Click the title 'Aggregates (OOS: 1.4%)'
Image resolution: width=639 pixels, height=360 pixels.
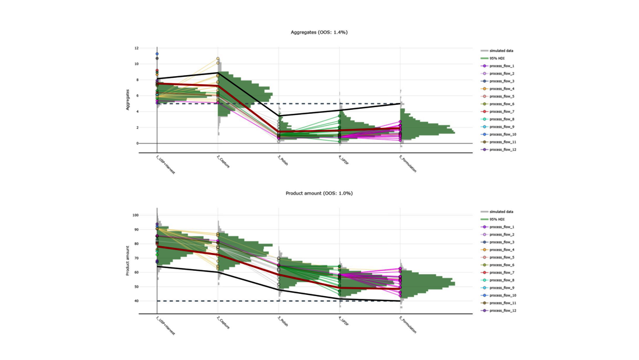click(319, 32)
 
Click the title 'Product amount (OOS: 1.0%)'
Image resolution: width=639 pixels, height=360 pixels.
click(319, 193)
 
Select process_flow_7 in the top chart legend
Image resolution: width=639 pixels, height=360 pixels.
click(502, 112)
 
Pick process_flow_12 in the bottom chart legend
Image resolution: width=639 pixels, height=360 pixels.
click(502, 311)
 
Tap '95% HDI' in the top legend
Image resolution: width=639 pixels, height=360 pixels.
click(497, 58)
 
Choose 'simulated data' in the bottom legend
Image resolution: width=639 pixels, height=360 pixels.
click(501, 212)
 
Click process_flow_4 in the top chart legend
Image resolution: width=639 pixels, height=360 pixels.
click(502, 89)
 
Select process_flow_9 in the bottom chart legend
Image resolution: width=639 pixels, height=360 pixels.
click(502, 288)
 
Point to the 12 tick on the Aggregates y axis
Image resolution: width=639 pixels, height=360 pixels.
click(136, 48)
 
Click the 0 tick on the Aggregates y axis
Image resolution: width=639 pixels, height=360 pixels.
click(137, 144)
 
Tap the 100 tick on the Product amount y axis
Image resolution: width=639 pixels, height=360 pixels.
click(136, 215)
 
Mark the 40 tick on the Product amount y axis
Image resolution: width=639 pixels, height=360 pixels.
click(136, 301)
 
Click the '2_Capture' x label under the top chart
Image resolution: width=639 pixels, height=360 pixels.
click(224, 161)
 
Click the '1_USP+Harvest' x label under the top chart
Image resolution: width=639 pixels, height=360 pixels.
click(165, 164)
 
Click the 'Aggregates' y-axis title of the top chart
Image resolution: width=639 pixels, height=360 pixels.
click(128, 100)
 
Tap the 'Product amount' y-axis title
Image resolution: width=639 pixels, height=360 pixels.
click(128, 260)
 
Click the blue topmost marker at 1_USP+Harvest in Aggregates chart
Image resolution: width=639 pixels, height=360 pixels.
click(157, 54)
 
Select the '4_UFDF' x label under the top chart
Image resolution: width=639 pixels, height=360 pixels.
click(344, 160)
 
